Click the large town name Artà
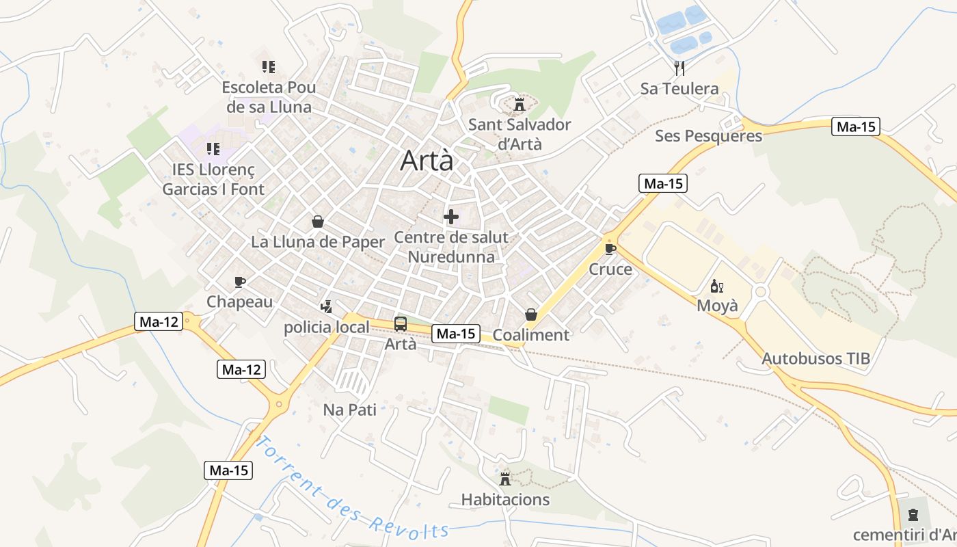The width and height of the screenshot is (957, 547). pos(427,161)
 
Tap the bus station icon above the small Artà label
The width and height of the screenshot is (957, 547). pos(401,324)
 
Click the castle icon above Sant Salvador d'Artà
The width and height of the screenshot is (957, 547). pos(519,105)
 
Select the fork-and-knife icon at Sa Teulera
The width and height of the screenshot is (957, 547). pos(679,68)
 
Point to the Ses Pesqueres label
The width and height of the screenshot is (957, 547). pos(708,135)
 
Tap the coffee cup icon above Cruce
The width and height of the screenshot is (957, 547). pos(610,248)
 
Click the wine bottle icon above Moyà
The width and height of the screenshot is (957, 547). pos(717,286)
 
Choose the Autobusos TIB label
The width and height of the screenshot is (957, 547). pos(816,358)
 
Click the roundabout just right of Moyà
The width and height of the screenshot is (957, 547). pos(759,292)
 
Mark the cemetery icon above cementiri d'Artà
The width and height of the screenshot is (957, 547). pos(913,514)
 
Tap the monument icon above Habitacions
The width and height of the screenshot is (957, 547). pos(505,478)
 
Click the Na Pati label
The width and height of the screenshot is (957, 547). pos(349,410)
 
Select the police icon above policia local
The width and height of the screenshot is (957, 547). pos(327,306)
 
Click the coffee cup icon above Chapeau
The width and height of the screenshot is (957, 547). pos(239,281)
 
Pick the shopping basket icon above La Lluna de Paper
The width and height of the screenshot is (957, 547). pos(318,222)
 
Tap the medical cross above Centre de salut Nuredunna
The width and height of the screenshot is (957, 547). pos(451,217)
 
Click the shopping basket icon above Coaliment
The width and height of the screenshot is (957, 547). pos(530,315)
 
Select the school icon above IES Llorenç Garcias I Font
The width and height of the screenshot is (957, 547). pos(213,148)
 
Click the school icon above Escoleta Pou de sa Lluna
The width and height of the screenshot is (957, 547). pos(269,67)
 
